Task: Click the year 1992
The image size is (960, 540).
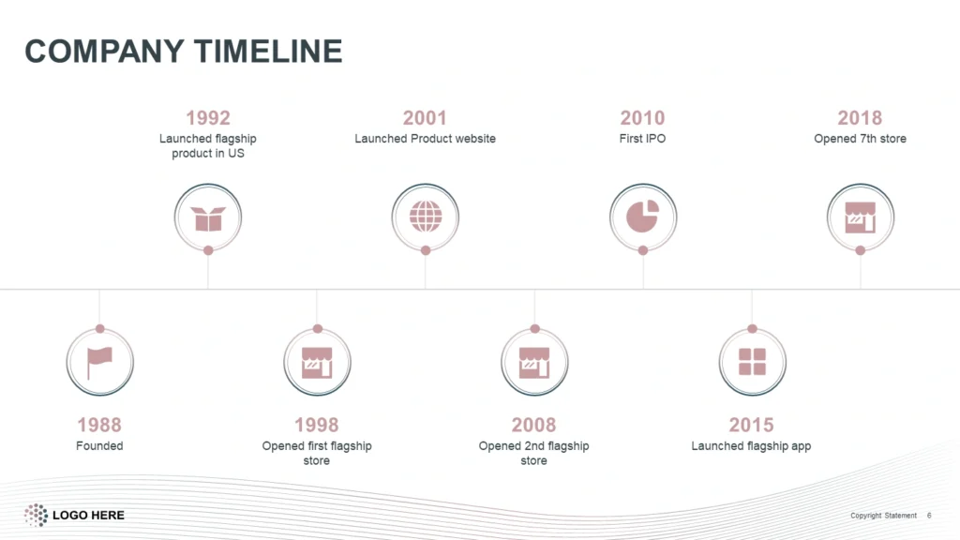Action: point(208,117)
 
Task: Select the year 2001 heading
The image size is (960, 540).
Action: point(425,117)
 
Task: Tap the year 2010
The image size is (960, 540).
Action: point(642,117)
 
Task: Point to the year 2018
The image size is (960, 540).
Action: point(860,117)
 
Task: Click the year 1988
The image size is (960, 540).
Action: point(99,425)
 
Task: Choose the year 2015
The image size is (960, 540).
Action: point(751,425)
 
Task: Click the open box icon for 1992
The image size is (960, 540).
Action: point(208,218)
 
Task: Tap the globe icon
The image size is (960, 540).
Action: point(426,217)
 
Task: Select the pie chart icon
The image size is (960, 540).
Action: point(642,217)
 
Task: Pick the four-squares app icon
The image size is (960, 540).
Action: point(753,362)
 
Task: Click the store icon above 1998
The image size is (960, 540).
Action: point(317,363)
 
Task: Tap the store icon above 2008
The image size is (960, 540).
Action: point(534,363)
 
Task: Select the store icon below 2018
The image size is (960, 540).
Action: point(861,217)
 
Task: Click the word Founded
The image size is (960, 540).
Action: point(99,445)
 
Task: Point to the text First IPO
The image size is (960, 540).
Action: point(642,139)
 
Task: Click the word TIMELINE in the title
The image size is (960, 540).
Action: point(268,51)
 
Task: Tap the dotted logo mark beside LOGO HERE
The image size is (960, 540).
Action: point(36,515)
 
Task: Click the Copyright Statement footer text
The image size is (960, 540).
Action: point(883,516)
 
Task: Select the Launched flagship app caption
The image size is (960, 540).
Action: point(751,446)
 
